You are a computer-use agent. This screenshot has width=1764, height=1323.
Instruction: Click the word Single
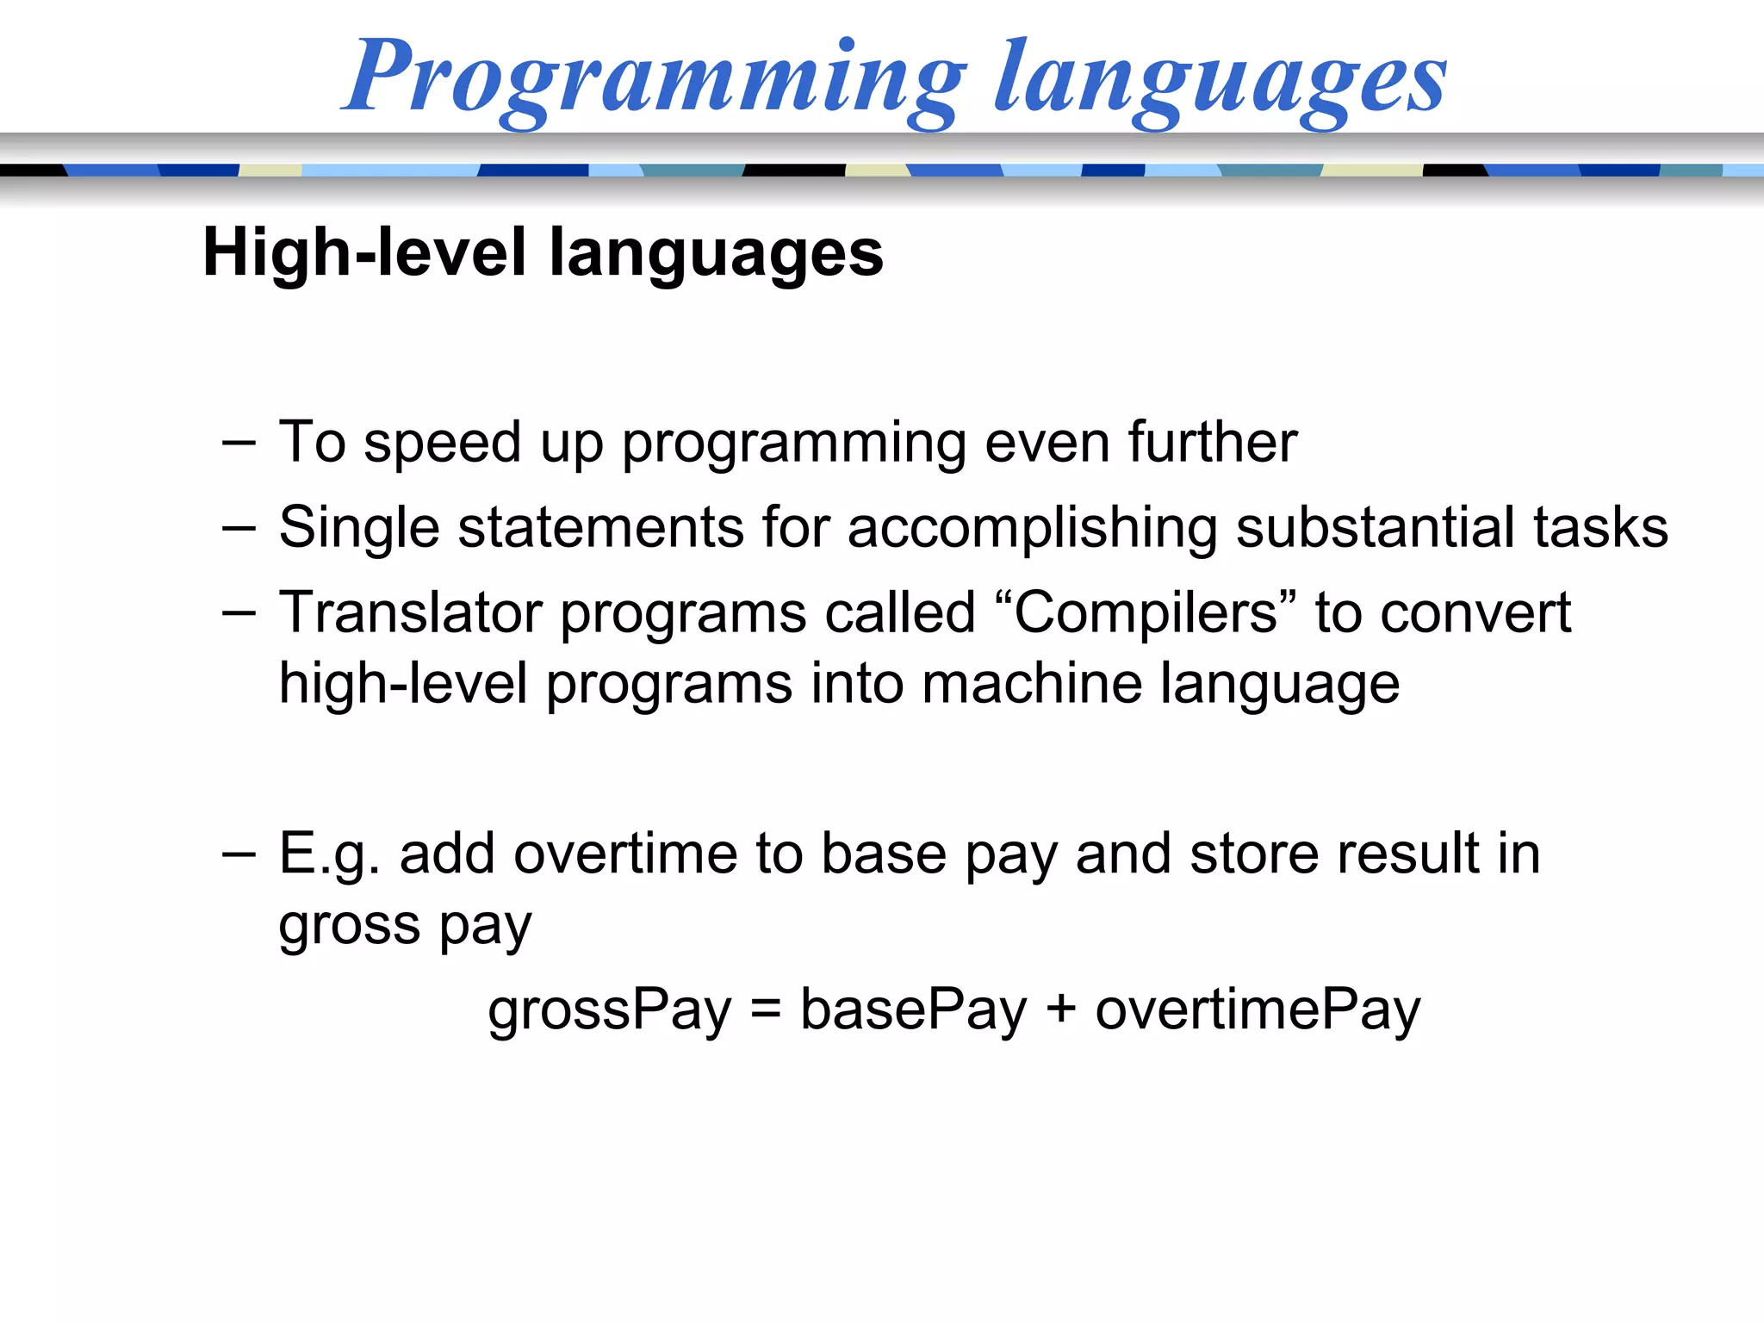(x=359, y=529)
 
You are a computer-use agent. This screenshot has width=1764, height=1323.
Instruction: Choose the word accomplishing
(x=1032, y=529)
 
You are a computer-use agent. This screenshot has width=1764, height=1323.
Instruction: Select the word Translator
(x=411, y=613)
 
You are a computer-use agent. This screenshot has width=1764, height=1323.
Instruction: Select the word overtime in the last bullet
(x=626, y=854)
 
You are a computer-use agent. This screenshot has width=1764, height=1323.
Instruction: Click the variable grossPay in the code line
(x=609, y=1009)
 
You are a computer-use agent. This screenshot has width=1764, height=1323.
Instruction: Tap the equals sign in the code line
(x=766, y=1009)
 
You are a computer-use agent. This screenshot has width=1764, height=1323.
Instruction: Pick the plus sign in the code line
(x=1060, y=1009)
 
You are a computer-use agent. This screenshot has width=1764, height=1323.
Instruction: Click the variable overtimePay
(x=1258, y=1009)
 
